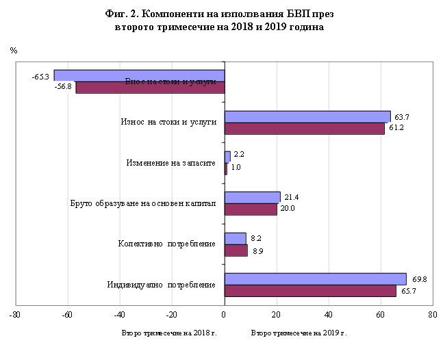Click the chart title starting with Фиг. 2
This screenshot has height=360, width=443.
[220, 21]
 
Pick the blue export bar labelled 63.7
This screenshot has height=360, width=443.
[307, 116]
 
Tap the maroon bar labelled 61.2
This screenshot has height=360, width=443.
[305, 128]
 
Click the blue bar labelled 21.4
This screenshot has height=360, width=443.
[252, 198]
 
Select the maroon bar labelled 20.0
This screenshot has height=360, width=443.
[251, 209]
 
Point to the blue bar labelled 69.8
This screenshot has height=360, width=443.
[316, 279]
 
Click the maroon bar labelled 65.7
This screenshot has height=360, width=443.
[310, 291]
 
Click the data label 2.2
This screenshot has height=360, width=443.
[239, 155]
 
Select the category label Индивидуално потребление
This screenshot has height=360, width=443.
[162, 285]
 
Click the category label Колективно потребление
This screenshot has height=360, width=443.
[166, 244]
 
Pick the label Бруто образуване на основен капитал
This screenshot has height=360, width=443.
[143, 203]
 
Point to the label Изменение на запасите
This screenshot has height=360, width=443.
[171, 163]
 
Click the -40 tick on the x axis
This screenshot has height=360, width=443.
[119, 316]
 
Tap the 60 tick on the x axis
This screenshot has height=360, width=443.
[380, 316]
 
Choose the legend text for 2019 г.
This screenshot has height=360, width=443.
[299, 333]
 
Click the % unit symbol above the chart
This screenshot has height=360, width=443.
[14, 51]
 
